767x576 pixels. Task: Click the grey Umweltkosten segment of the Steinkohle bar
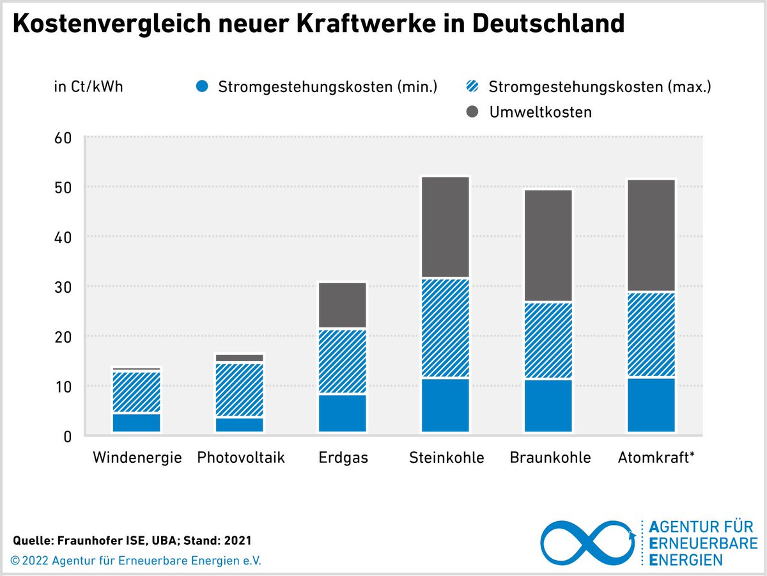(x=445, y=227)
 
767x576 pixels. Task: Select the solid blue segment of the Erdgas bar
(x=342, y=414)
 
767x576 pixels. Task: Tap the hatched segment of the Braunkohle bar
(x=548, y=340)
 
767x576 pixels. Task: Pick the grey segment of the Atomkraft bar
(x=651, y=235)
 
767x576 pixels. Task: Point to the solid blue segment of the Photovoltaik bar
(x=239, y=424)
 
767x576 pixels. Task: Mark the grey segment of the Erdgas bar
(x=342, y=305)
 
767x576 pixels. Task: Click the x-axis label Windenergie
(x=137, y=458)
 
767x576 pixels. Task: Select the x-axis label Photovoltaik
(x=240, y=458)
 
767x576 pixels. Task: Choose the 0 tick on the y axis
(x=67, y=436)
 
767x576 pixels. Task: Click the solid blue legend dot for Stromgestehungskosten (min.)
(x=203, y=86)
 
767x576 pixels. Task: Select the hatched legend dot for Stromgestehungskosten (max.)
(x=474, y=86)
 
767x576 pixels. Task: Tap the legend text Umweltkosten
(x=540, y=113)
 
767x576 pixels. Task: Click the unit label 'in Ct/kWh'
(x=88, y=86)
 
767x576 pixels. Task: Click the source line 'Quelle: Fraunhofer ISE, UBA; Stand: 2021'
(x=132, y=540)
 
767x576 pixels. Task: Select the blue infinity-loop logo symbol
(x=589, y=543)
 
